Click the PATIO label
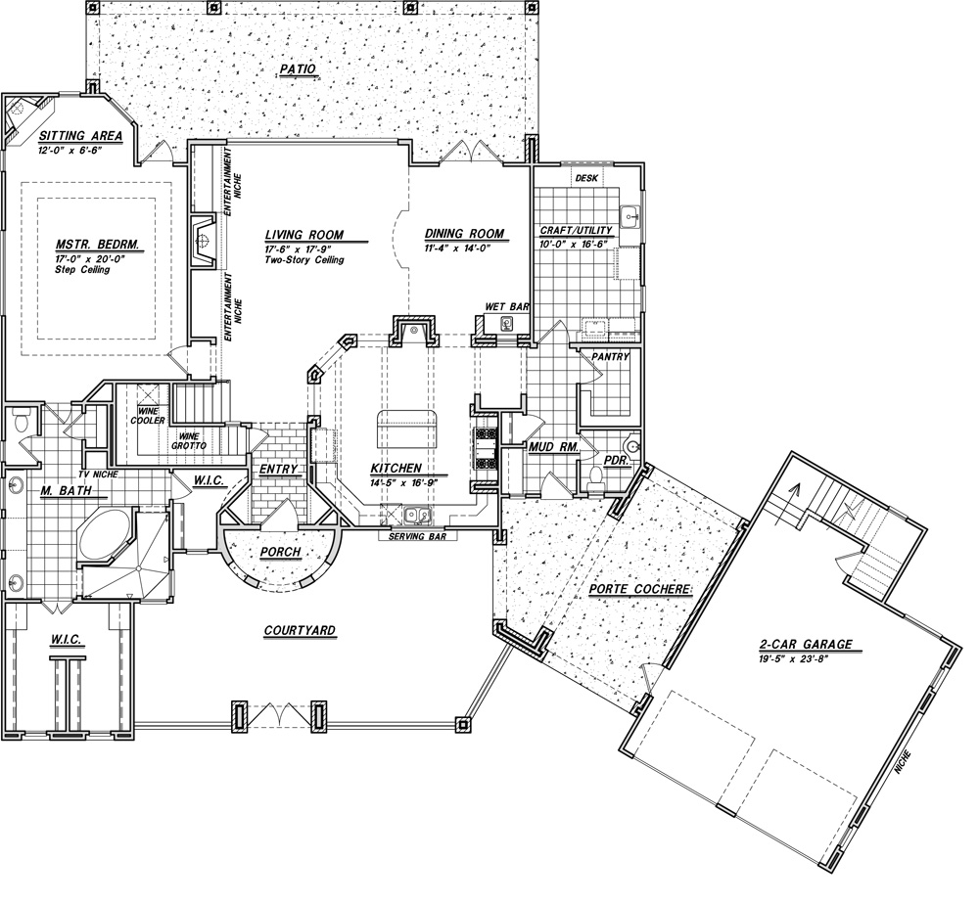tap(298, 69)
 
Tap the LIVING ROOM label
tap(304, 235)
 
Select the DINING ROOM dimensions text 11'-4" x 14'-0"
tap(459, 248)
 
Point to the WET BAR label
tap(507, 307)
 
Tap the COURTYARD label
tap(300, 631)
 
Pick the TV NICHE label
tap(99, 475)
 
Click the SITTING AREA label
tap(80, 136)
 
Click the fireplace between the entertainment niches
tap(204, 241)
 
